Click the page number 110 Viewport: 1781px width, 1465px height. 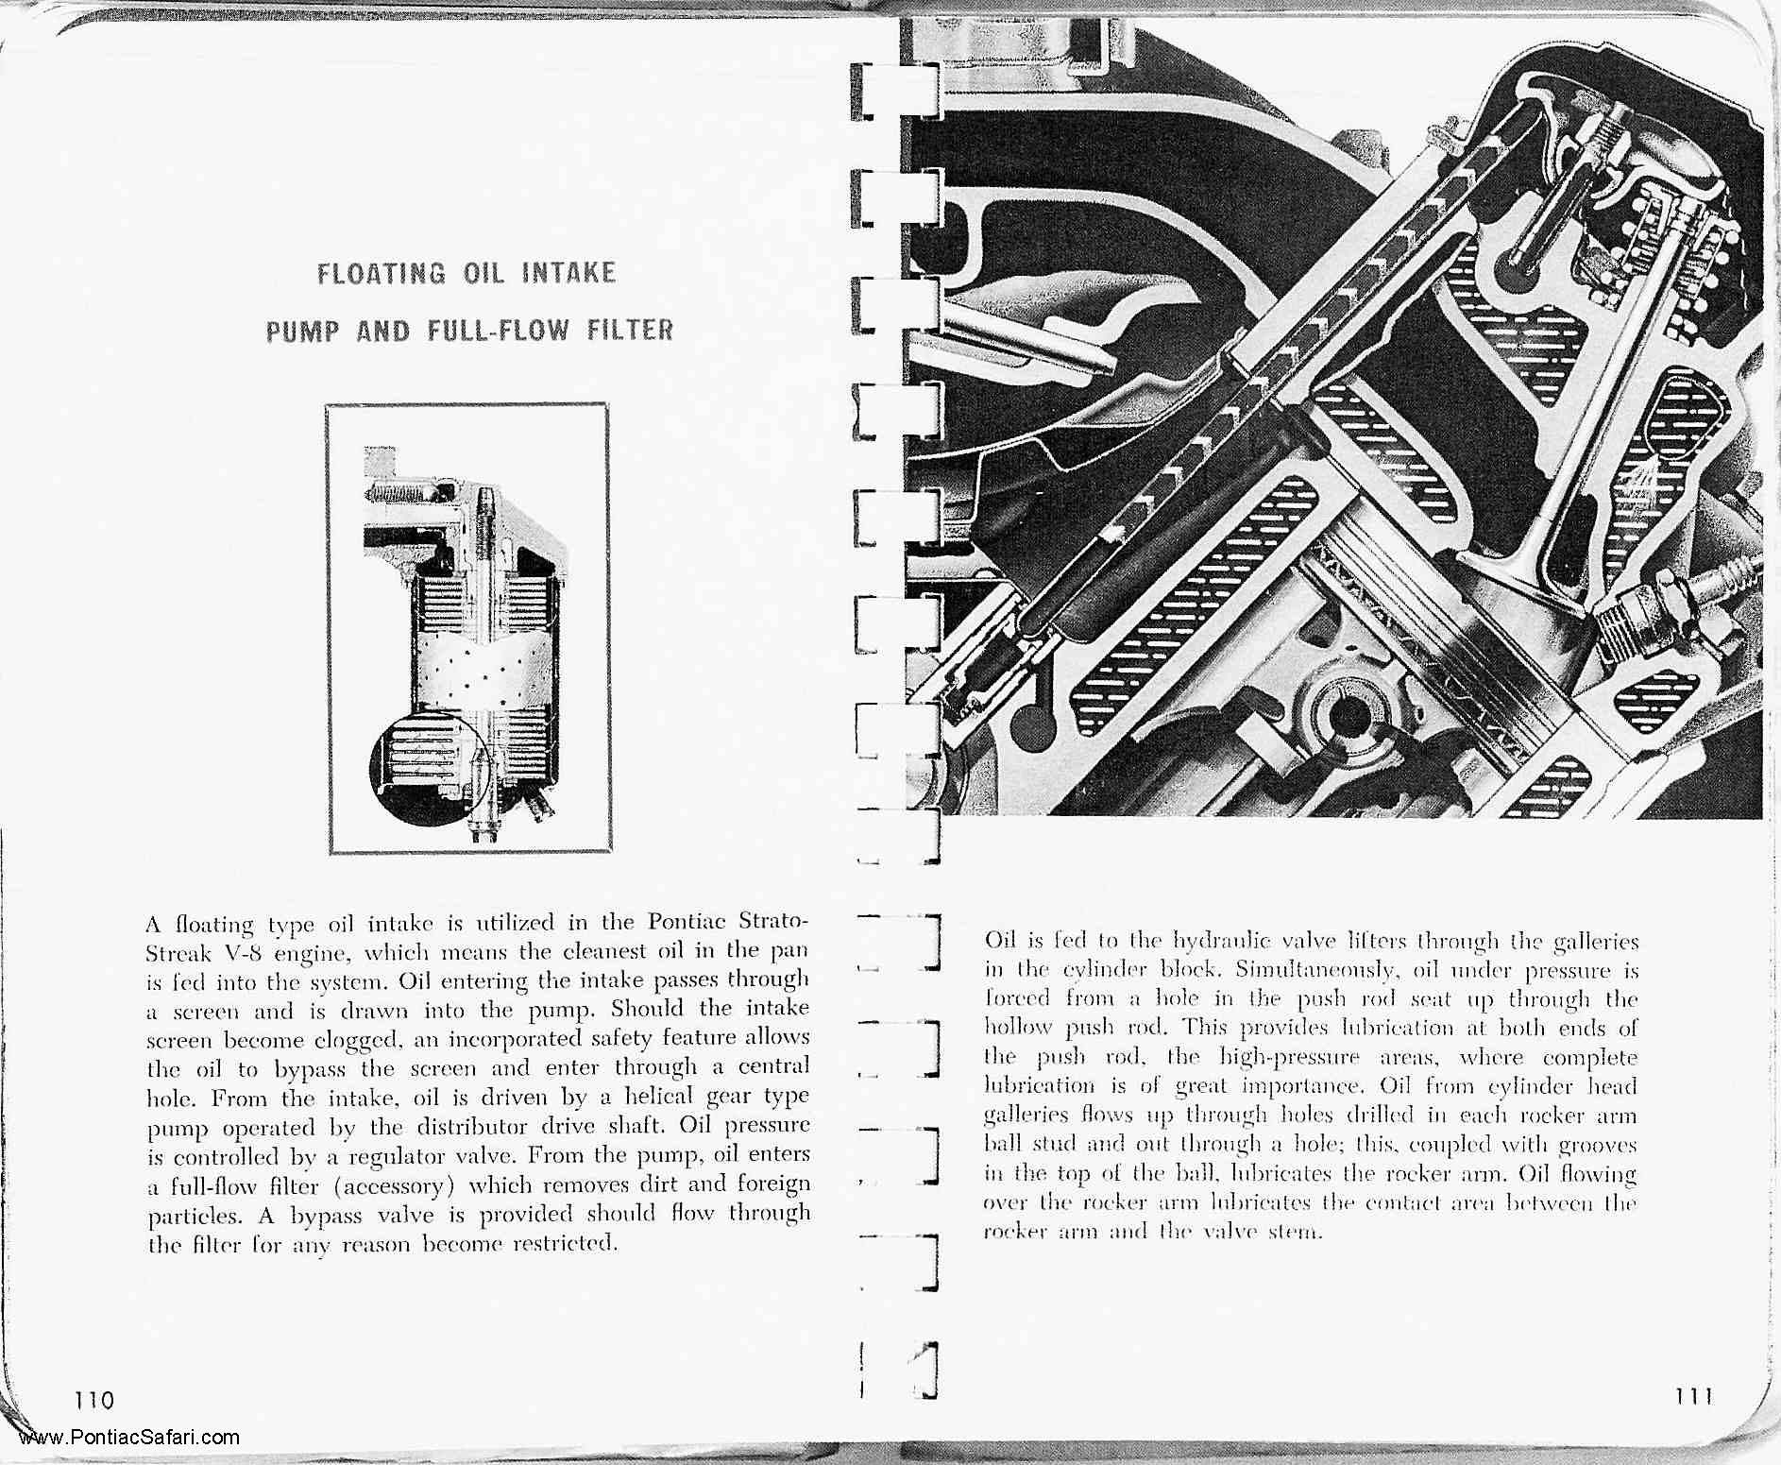94,1399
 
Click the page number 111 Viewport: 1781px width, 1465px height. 1692,1395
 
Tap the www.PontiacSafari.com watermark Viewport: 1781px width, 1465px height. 128,1439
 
